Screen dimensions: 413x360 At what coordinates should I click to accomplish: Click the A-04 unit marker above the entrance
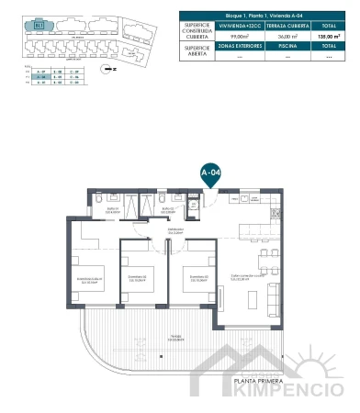click(210, 172)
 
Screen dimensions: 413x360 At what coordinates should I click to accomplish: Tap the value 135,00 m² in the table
click(328, 36)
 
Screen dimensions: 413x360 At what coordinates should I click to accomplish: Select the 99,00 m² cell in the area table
click(242, 36)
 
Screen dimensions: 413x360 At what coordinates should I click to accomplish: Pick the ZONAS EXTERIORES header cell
click(242, 45)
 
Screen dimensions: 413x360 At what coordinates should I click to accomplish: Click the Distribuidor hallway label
click(174, 229)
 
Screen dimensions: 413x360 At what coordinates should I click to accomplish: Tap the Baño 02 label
click(169, 208)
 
